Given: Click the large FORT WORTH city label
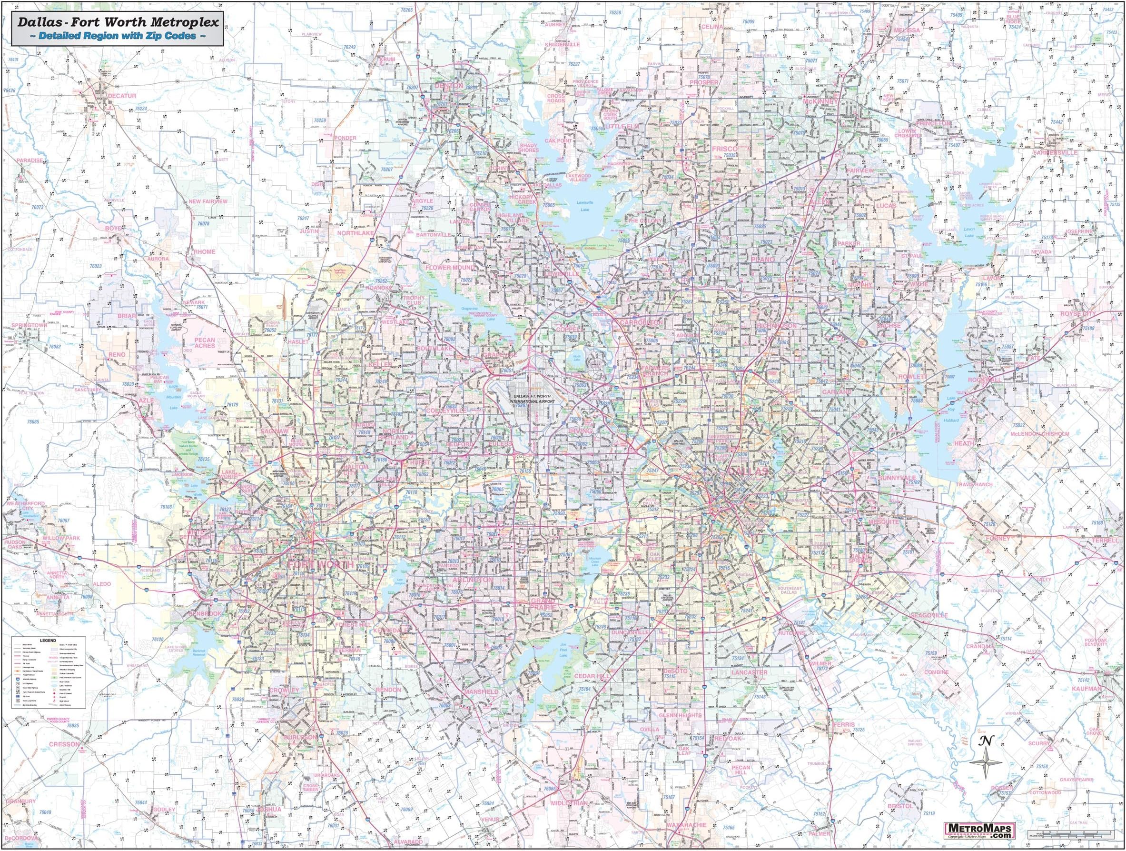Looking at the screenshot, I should pos(321,565).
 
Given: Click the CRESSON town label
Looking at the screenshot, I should pos(65,743).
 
